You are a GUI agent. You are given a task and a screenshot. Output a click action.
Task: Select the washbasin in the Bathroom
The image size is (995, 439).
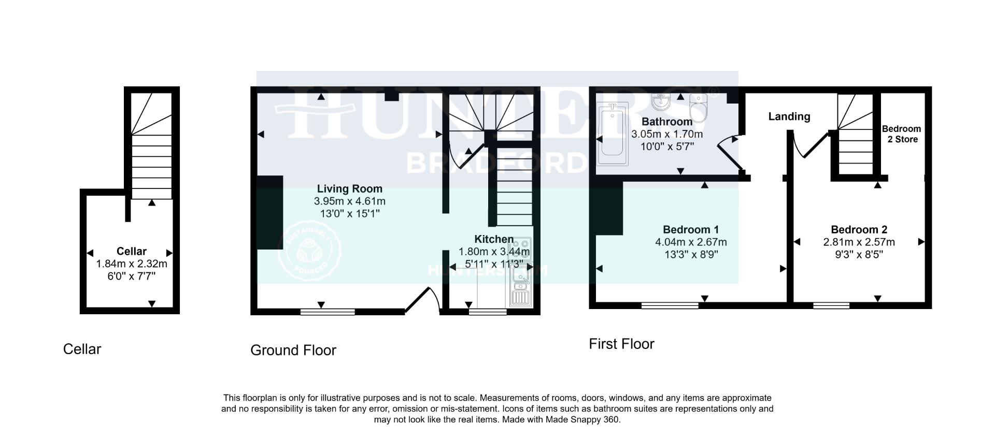tap(661, 102)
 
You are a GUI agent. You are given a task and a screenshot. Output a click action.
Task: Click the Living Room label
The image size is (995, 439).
tap(349, 189)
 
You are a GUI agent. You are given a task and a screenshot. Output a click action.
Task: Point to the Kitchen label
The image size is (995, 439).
tap(494, 239)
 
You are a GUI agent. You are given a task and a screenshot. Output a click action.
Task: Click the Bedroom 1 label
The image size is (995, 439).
tap(691, 229)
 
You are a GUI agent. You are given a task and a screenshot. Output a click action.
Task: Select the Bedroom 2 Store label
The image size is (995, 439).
tap(901, 134)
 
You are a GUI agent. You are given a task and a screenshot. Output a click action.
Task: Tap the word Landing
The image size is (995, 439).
tap(789, 116)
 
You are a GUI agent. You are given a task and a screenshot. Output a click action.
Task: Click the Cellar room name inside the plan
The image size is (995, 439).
tap(132, 251)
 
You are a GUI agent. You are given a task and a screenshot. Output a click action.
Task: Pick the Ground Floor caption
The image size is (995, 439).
tap(293, 350)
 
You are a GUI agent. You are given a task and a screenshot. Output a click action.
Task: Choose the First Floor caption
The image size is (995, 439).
tap(621, 344)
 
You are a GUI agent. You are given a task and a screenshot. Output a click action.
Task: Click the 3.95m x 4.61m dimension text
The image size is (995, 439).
tap(349, 201)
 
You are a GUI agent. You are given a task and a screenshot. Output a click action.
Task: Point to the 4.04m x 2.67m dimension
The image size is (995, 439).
tap(691, 242)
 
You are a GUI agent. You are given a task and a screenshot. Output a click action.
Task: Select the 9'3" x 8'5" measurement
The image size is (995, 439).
tap(859, 254)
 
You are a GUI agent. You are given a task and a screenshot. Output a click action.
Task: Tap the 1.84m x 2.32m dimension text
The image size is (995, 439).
tap(132, 264)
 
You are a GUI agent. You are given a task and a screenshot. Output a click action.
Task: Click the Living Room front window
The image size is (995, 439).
tap(328, 311)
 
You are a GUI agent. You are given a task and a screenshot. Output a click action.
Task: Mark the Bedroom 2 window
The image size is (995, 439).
tap(831, 305)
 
